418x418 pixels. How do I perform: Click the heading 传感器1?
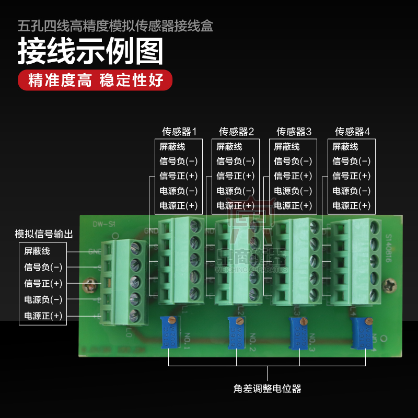179,131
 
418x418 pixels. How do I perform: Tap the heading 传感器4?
352,131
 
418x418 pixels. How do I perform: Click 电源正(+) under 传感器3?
293,205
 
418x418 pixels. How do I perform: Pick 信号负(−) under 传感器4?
352,161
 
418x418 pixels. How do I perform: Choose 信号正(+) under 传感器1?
178,176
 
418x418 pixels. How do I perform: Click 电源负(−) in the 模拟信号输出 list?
43,299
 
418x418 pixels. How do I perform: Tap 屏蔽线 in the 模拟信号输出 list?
37,251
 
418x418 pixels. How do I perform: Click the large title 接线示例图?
90,52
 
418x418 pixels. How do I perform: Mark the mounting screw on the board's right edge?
389,285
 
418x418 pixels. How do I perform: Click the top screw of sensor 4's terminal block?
375,226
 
